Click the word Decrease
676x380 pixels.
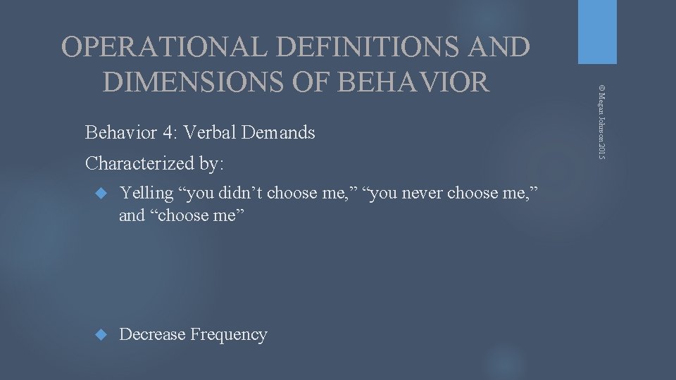[152, 334]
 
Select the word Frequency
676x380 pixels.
[229, 334]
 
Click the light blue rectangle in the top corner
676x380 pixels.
[597, 32]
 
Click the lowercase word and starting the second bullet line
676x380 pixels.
[132, 215]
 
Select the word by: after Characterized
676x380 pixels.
[210, 164]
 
